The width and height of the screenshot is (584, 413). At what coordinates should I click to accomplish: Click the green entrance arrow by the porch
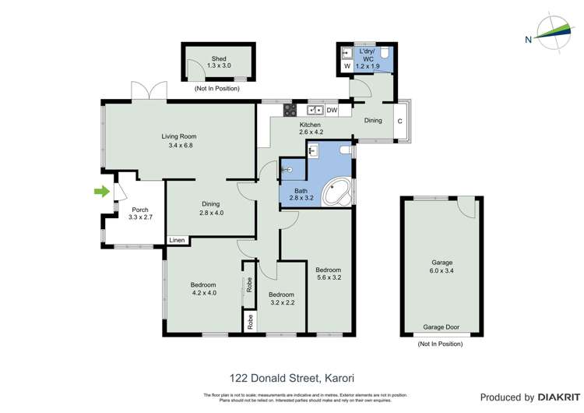pos(101,191)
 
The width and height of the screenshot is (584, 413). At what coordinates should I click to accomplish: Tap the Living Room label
pos(179,140)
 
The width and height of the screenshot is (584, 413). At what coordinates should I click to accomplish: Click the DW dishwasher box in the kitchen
pos(332,110)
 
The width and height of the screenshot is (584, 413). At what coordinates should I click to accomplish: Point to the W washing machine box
pos(347,66)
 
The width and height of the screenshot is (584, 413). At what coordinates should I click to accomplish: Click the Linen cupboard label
pos(177,240)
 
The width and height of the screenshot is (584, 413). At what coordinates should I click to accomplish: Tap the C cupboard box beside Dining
pos(399,121)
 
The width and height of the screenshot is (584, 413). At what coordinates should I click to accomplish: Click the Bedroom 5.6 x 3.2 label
pos(329,273)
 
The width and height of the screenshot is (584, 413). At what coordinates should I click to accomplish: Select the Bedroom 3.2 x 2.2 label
pos(280,298)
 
